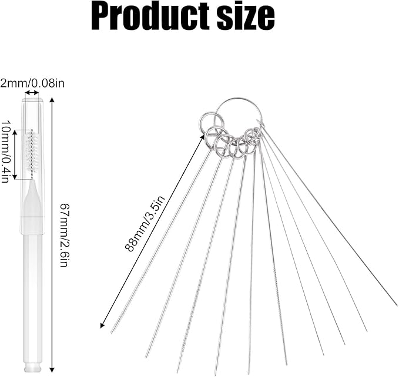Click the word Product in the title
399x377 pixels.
(150, 16)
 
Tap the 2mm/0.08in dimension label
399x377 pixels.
(32, 83)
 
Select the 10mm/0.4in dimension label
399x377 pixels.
(5, 151)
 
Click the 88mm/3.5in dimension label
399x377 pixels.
(145, 223)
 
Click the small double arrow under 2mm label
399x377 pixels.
(32, 93)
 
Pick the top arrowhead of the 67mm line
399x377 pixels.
(52, 99)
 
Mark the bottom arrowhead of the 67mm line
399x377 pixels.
(52, 371)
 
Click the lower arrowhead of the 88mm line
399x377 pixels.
(102, 326)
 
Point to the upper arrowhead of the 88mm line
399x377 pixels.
(203, 137)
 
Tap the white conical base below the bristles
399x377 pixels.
(32, 198)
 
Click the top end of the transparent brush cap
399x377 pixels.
(32, 99)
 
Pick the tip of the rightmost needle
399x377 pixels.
(396, 305)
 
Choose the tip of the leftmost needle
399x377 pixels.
(111, 333)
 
